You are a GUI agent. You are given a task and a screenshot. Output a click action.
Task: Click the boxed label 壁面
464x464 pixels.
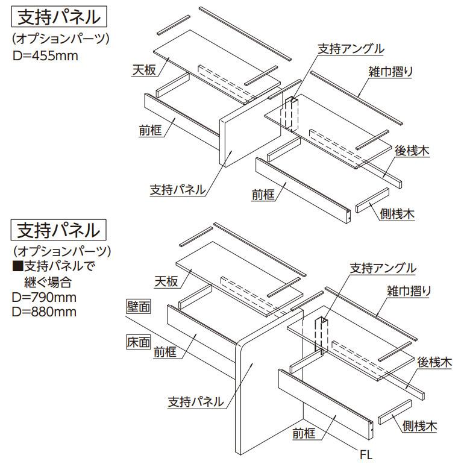[x=138, y=307]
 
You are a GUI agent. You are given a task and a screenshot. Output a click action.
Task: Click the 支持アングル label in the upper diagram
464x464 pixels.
[x=351, y=48]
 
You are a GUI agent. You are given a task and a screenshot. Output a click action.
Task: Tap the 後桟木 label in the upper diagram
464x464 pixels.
[x=412, y=151]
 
